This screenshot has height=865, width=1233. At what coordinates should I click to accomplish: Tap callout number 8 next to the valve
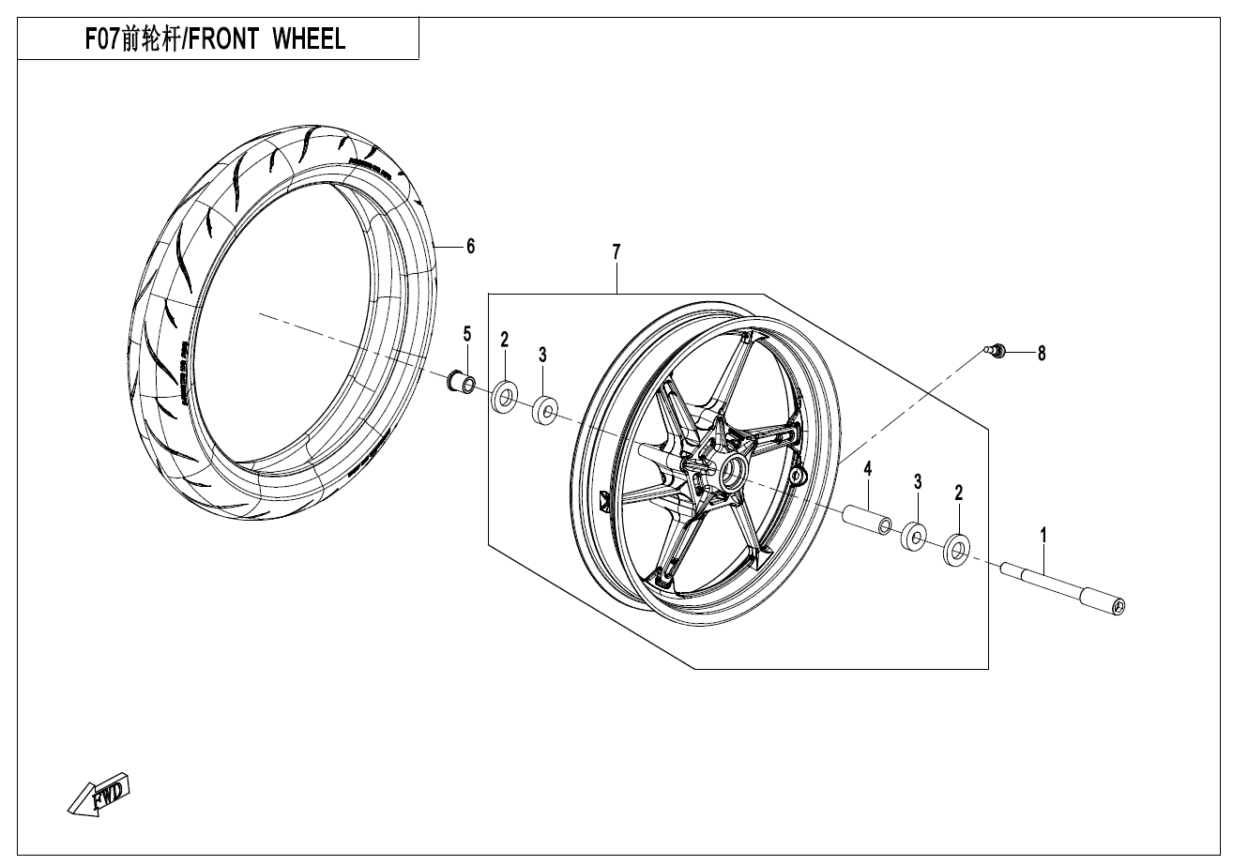(x=1041, y=354)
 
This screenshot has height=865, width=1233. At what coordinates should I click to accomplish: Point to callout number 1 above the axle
(x=1043, y=535)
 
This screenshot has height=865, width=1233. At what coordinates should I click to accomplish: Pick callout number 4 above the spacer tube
(x=868, y=468)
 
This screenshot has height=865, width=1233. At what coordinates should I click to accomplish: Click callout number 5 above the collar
(x=466, y=333)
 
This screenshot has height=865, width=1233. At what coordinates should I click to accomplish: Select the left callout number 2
(x=504, y=339)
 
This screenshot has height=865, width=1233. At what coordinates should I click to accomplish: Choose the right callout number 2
(x=958, y=493)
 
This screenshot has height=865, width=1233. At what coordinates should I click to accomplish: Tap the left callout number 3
(x=542, y=354)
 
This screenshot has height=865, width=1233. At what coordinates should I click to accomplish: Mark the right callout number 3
(x=918, y=481)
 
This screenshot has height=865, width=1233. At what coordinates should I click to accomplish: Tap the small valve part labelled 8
(x=997, y=351)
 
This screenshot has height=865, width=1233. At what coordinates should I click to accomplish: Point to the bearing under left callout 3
(x=544, y=409)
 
